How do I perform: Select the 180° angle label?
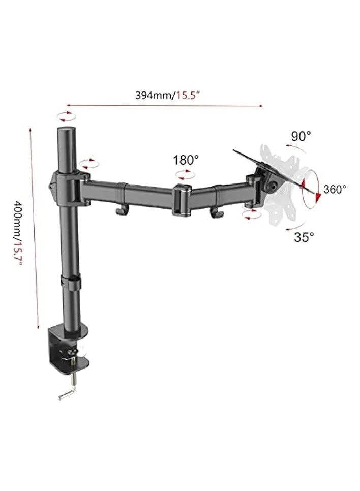186,160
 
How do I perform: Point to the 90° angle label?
301,136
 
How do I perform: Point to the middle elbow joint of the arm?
182,201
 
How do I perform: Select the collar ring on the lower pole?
71,283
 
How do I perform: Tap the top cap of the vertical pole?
66,133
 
